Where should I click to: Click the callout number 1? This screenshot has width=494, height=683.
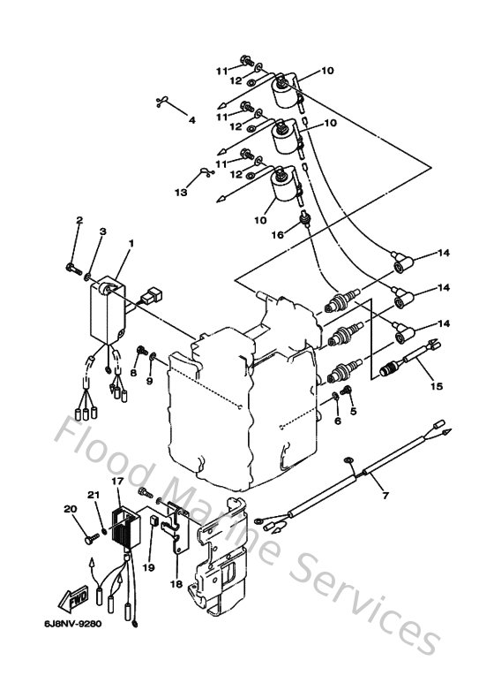click(x=131, y=242)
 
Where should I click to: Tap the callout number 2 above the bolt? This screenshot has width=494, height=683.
click(x=79, y=220)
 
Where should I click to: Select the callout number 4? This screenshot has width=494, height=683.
click(x=191, y=121)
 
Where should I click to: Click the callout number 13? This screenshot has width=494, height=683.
click(x=180, y=191)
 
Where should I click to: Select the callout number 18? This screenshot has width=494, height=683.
click(x=176, y=584)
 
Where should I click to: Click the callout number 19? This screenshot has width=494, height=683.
click(x=150, y=567)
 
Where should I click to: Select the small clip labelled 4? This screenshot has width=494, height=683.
click(x=161, y=100)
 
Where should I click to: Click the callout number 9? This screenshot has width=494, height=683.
click(x=149, y=381)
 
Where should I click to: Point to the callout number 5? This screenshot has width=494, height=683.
click(x=355, y=412)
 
